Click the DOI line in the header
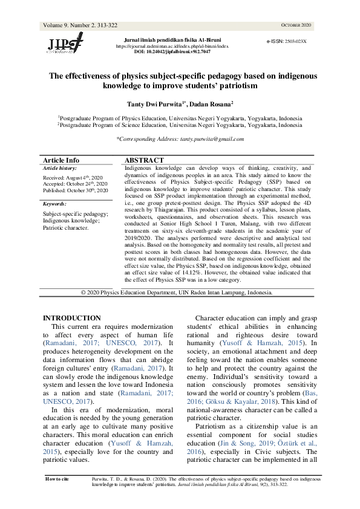click(172, 52)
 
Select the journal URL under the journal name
click(172, 46)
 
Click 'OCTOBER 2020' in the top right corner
click(296, 25)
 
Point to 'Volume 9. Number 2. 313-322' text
click(80, 25)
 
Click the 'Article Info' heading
click(61, 160)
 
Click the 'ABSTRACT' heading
click(144, 160)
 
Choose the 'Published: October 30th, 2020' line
click(75, 190)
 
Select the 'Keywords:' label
click(55, 204)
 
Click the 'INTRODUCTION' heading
click(72, 318)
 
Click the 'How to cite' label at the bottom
click(57, 478)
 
